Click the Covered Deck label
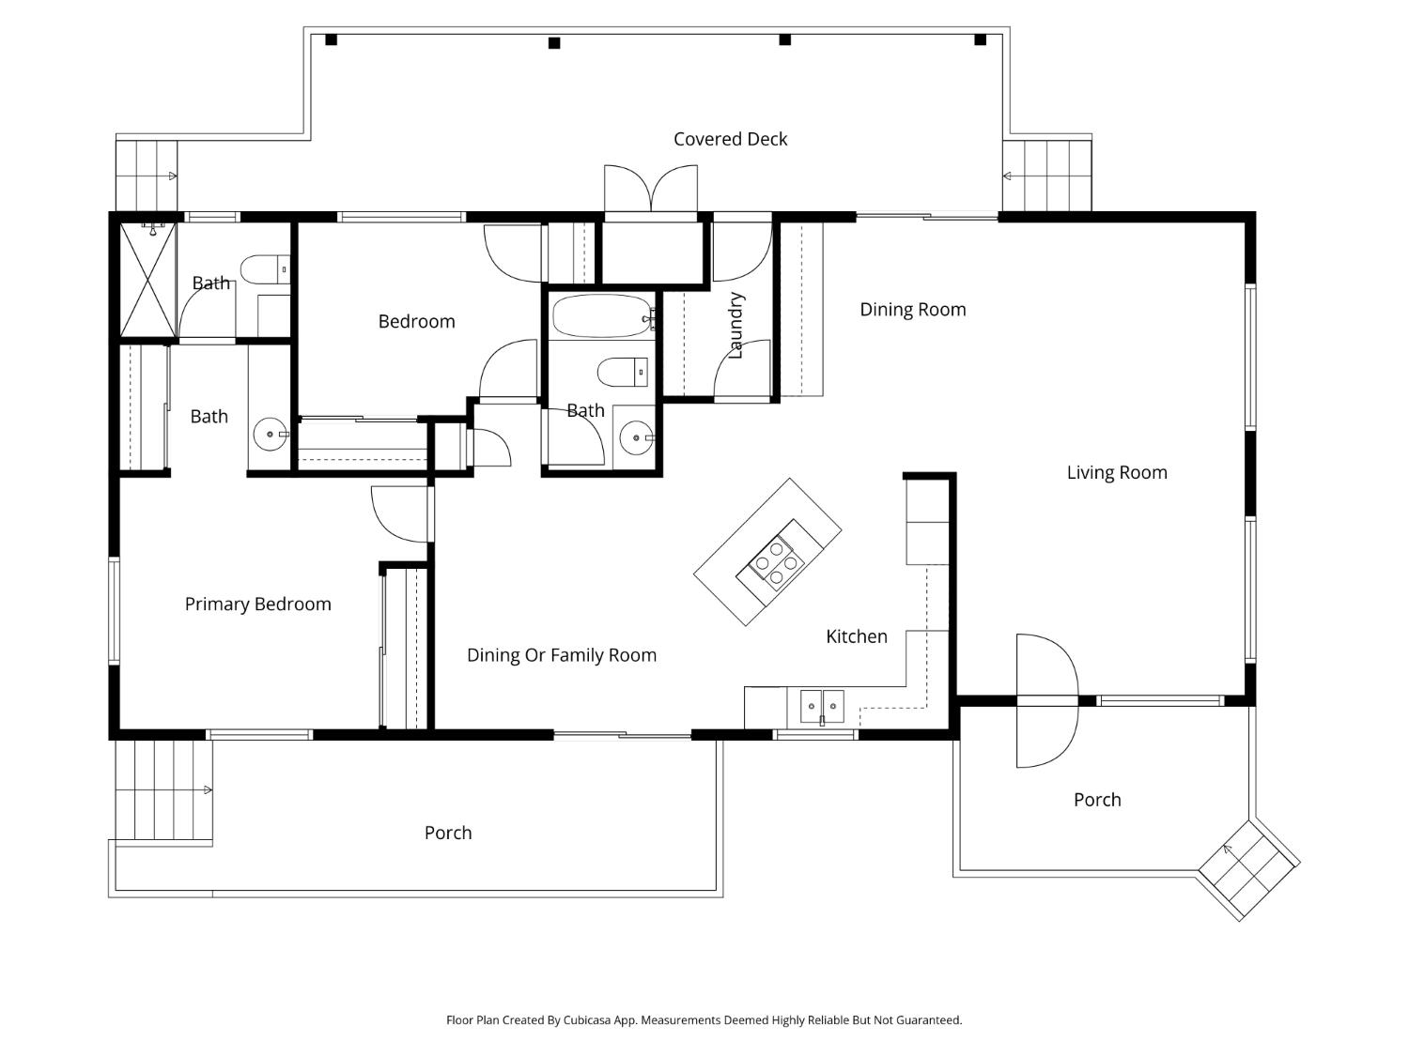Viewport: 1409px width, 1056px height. click(x=730, y=139)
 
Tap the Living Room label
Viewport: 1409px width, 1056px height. click(x=1117, y=472)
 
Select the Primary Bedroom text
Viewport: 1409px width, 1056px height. click(x=257, y=604)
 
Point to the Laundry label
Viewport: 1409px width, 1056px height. click(x=735, y=325)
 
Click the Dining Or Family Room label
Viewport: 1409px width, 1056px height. click(x=561, y=655)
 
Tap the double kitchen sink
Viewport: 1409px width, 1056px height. click(x=822, y=705)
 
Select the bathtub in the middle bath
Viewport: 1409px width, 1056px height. click(x=602, y=316)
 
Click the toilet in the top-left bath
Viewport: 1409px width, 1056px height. click(x=265, y=269)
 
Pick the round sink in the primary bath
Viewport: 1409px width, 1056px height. click(x=271, y=435)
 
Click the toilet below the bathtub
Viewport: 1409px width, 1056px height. click(x=622, y=372)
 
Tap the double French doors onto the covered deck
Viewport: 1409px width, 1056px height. click(x=651, y=191)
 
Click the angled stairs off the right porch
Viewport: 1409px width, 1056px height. click(x=1248, y=869)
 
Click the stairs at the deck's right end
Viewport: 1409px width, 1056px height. click(x=1046, y=176)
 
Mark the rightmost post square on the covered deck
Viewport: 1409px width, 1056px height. click(x=980, y=39)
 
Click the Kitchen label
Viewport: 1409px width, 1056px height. click(x=856, y=636)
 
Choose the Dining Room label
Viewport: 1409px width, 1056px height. click(x=912, y=310)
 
